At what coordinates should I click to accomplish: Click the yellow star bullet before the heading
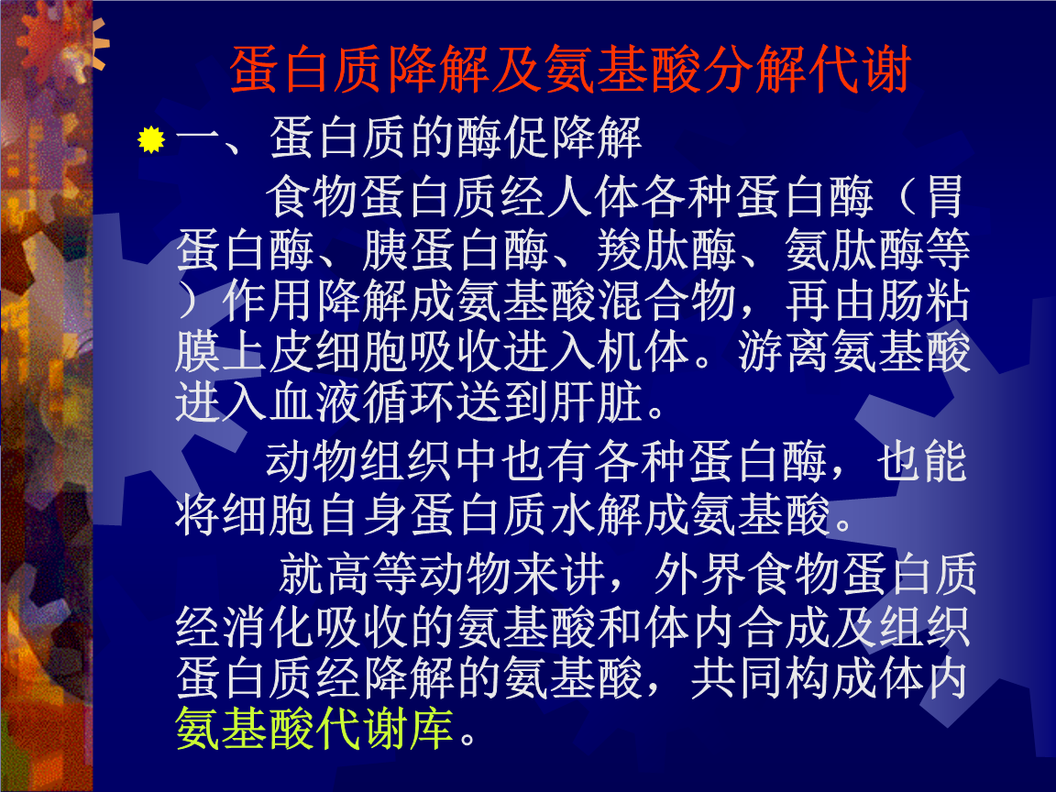(151, 140)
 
